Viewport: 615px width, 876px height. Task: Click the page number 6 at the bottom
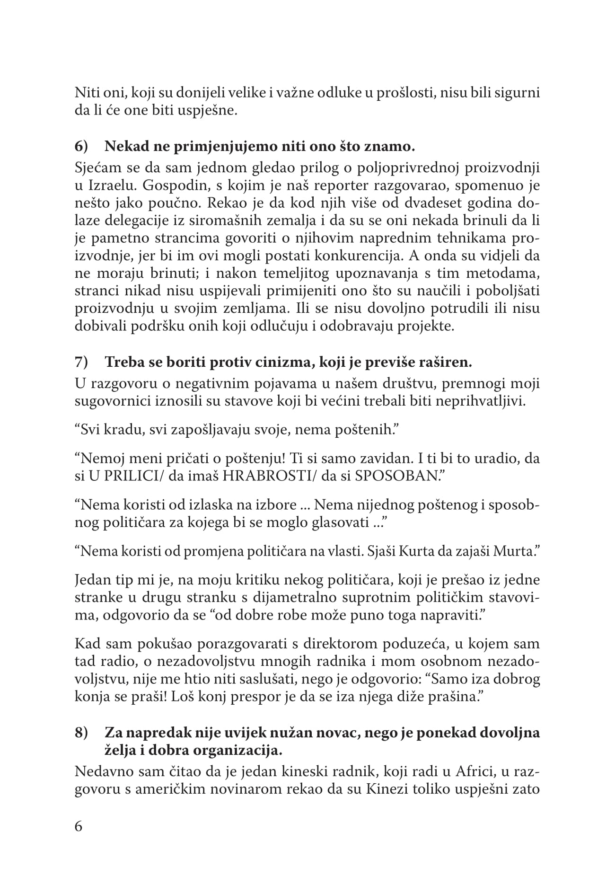79,826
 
